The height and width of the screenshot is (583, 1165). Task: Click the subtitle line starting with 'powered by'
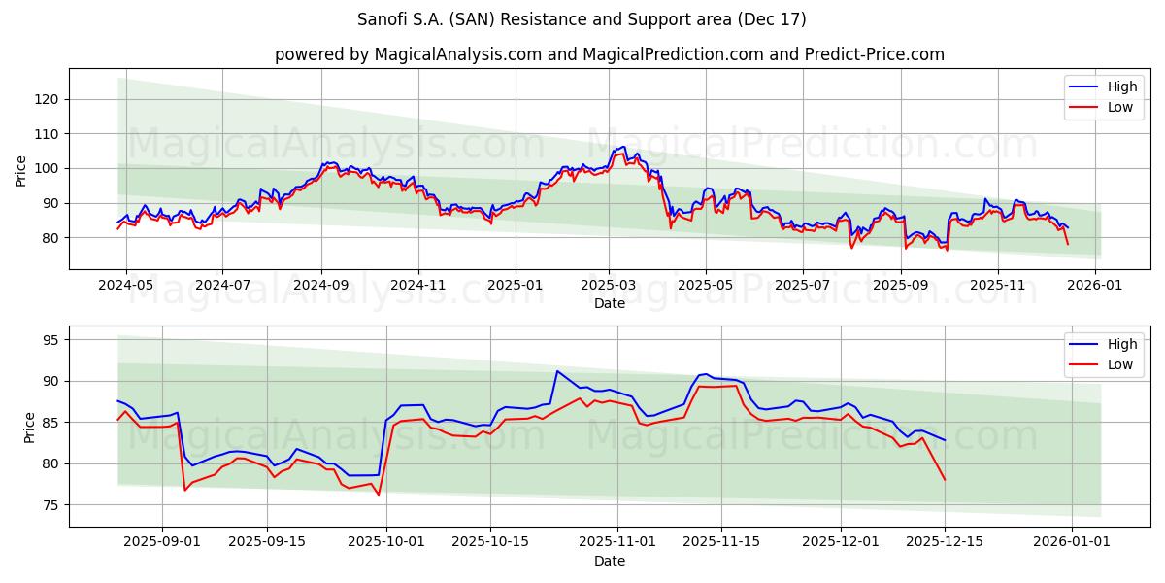609,54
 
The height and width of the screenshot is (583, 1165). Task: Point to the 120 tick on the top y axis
50,99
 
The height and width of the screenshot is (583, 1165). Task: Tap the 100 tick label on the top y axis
50,168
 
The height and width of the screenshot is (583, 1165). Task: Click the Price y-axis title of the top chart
21,170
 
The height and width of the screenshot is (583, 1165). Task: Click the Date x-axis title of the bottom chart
609,561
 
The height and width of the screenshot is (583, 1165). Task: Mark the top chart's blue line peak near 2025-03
622,147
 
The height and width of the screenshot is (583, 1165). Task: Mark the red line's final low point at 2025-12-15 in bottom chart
945,480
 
